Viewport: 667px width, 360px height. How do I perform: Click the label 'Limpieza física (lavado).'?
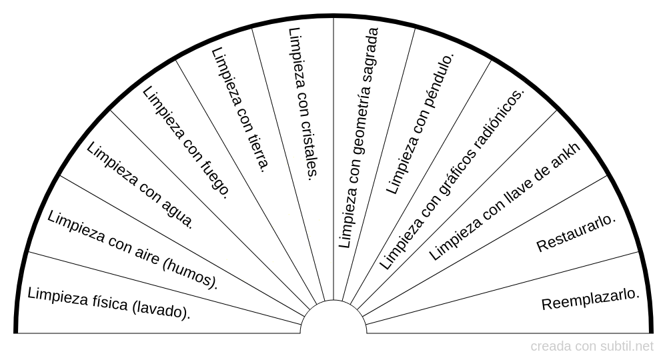[109, 302]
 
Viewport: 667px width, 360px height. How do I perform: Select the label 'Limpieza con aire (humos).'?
[133, 250]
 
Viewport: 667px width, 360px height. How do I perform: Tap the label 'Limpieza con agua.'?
[141, 185]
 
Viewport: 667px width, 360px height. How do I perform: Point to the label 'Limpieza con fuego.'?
[187, 143]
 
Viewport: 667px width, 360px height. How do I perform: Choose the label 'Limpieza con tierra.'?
[239, 109]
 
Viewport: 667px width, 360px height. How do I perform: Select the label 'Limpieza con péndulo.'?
[420, 123]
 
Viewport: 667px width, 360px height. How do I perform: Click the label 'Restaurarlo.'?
[576, 233]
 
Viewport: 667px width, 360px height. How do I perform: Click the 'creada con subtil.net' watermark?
[592, 347]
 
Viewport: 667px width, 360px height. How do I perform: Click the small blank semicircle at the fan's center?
[333, 319]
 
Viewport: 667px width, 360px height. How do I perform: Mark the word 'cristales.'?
[307, 151]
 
